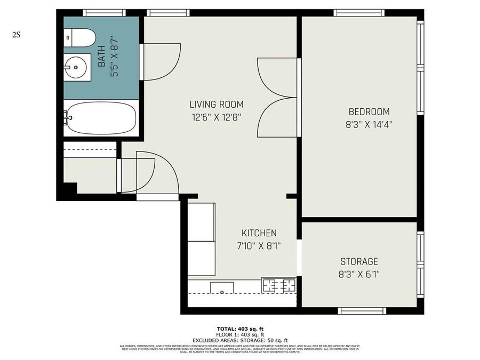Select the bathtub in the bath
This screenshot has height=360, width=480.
click(x=101, y=118)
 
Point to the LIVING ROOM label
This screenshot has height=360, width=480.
click(x=217, y=105)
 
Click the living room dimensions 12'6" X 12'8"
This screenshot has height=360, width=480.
click(x=217, y=117)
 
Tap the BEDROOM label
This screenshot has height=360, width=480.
click(x=369, y=112)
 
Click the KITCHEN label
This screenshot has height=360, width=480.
click(x=259, y=233)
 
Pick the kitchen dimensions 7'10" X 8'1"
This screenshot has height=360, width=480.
click(x=259, y=246)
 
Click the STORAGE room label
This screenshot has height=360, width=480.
click(x=359, y=261)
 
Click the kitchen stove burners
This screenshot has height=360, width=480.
click(x=278, y=285)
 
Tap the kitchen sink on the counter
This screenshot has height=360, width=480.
click(x=221, y=288)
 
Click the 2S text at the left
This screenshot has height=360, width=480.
click(x=16, y=35)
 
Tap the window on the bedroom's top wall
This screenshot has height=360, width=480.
click(x=358, y=12)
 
